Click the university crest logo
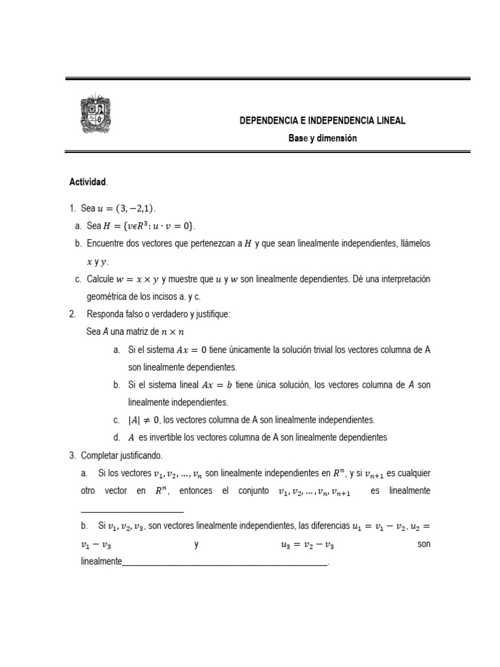[x=95, y=114]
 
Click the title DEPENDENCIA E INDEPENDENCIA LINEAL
[x=322, y=121]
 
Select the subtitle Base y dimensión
[x=323, y=138]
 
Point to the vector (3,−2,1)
[x=135, y=208]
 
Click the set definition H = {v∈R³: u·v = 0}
[x=154, y=226]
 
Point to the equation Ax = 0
[x=189, y=350]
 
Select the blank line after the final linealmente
[x=225, y=563]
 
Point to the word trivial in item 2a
[x=314, y=350]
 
